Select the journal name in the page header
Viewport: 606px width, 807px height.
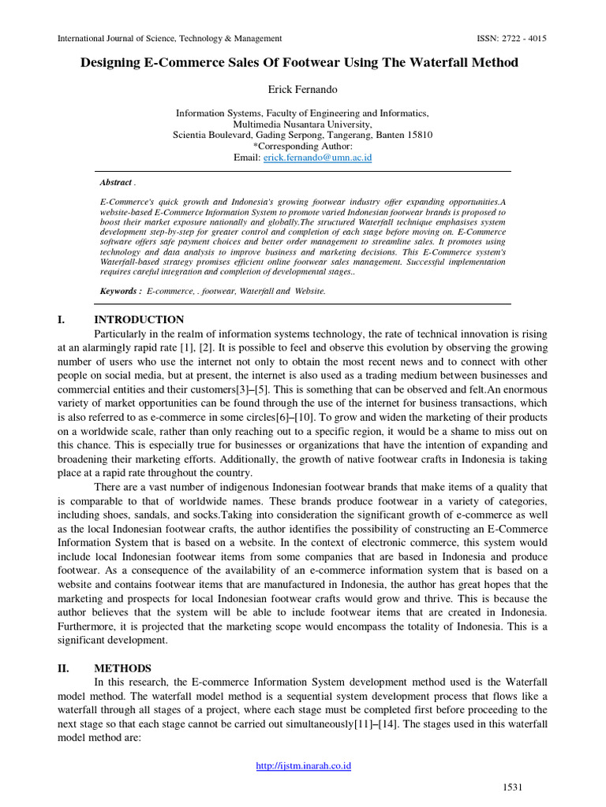pos(170,39)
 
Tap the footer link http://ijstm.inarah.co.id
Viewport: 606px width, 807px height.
pos(302,765)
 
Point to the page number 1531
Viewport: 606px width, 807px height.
pos(513,787)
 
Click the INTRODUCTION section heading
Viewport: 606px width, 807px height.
pos(139,320)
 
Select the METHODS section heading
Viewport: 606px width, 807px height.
pos(123,668)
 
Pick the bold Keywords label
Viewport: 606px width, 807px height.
pos(121,291)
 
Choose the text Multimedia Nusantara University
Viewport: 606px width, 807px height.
pos(302,125)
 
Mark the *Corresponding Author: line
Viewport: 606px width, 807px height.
pos(302,147)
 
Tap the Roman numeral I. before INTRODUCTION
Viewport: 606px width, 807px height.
pos(62,320)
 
